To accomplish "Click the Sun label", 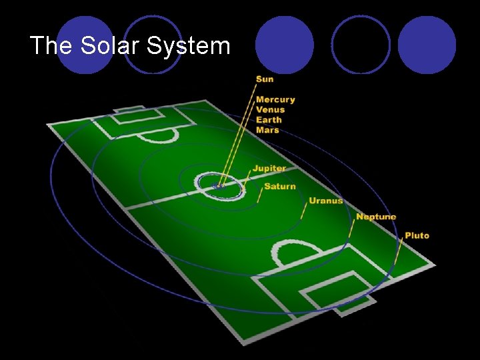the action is [x=265, y=79].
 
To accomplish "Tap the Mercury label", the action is [x=275, y=99].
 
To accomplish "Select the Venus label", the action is [x=270, y=109].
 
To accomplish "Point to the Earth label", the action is [x=269, y=120].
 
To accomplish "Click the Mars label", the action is [x=267, y=130].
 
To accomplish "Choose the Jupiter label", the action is [x=269, y=169].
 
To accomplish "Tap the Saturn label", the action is [x=280, y=186].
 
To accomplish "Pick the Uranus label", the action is [x=326, y=200].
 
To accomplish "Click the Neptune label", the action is [x=376, y=217].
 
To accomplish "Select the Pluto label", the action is [x=417, y=235].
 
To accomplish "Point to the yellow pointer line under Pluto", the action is [x=398, y=252].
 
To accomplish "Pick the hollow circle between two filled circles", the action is [x=361, y=45].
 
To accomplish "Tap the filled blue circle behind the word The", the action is [x=84, y=44].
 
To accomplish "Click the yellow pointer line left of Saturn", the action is [x=259, y=195].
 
